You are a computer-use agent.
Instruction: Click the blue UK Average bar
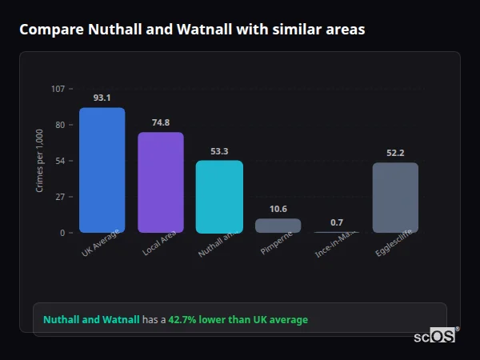[x=102, y=170]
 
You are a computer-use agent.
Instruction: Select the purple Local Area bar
[x=161, y=182]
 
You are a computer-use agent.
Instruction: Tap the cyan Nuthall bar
[x=219, y=197]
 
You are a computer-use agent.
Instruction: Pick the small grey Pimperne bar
[x=278, y=226]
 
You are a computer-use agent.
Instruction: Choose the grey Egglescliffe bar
[x=395, y=198]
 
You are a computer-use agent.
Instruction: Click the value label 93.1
[x=102, y=98]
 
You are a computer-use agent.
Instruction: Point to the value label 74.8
[x=161, y=122]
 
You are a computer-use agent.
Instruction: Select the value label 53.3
[x=219, y=151]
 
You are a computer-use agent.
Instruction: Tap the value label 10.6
[x=278, y=209]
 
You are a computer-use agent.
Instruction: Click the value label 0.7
[x=337, y=222]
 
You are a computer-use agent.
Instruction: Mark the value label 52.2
[x=395, y=153]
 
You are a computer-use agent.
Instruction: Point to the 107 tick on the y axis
[x=58, y=89]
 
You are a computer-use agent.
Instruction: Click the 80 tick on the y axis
[x=60, y=125]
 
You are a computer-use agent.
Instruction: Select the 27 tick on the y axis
[x=60, y=197]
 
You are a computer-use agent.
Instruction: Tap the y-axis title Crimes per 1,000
[x=40, y=160]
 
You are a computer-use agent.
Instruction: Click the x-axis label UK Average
[x=101, y=244]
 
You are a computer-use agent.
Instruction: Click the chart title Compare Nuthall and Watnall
[x=192, y=30]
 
